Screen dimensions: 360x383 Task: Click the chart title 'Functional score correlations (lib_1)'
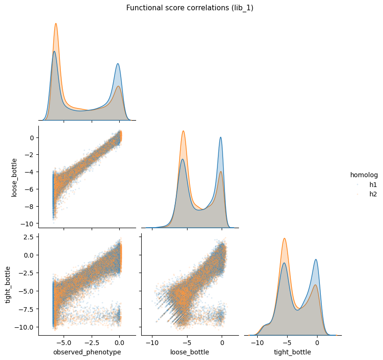click(x=190, y=8)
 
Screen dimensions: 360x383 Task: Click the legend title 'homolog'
click(x=364, y=175)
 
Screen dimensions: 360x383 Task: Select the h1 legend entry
click(x=373, y=185)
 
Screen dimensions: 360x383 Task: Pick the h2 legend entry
click(x=373, y=194)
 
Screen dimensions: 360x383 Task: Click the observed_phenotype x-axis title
click(x=87, y=352)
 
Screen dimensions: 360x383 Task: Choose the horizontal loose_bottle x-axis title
click(x=190, y=352)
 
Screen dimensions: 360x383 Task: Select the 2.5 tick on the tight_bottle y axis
click(x=27, y=237)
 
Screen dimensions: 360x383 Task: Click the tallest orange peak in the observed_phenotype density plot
click(x=56, y=23)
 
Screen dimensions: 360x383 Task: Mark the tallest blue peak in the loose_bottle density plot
click(x=221, y=137)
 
